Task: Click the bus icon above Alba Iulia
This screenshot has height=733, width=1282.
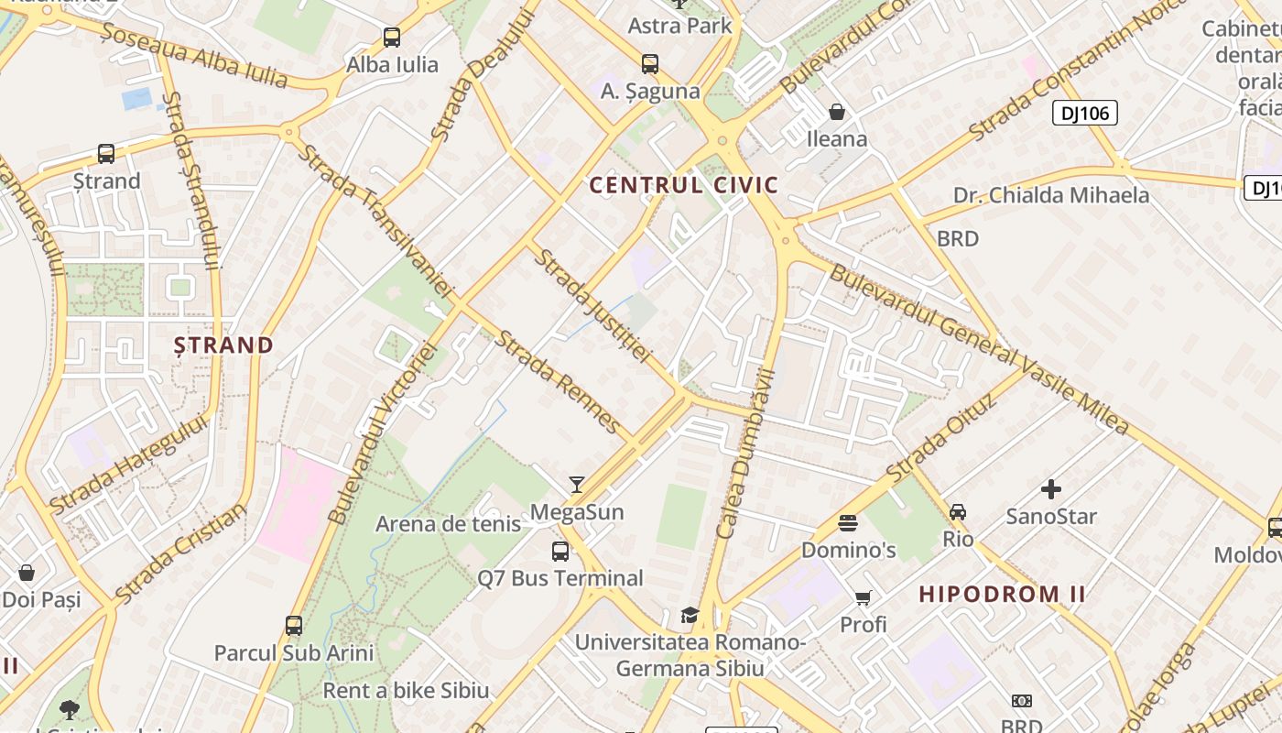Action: click(x=392, y=38)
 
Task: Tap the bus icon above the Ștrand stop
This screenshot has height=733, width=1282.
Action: click(x=106, y=154)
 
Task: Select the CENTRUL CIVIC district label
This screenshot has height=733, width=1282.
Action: click(x=683, y=185)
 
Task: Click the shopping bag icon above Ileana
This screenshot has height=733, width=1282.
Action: click(x=836, y=113)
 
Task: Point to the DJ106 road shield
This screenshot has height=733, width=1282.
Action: click(x=1084, y=114)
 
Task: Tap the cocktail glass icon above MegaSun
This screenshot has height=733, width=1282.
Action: click(x=577, y=485)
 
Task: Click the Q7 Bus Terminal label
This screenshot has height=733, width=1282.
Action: click(x=560, y=578)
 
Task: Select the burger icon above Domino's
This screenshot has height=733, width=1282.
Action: click(x=848, y=523)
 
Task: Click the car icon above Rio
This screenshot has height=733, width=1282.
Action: click(x=958, y=512)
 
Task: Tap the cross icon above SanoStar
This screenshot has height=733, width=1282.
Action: click(x=1051, y=489)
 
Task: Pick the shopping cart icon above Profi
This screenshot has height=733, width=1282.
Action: click(x=863, y=598)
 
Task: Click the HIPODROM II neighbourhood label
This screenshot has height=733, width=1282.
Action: click(x=1002, y=594)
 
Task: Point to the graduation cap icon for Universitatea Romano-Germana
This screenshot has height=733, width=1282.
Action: click(x=690, y=615)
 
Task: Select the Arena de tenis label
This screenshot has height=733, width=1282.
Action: click(x=448, y=524)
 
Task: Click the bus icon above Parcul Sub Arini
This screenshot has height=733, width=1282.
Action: click(x=294, y=626)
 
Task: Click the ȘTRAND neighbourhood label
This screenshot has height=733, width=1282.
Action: click(x=224, y=345)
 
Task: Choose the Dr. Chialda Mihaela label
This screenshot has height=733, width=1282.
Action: click(x=1050, y=195)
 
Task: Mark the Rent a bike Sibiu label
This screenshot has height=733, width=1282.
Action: click(x=406, y=690)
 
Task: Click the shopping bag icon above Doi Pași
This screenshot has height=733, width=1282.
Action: click(x=27, y=574)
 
